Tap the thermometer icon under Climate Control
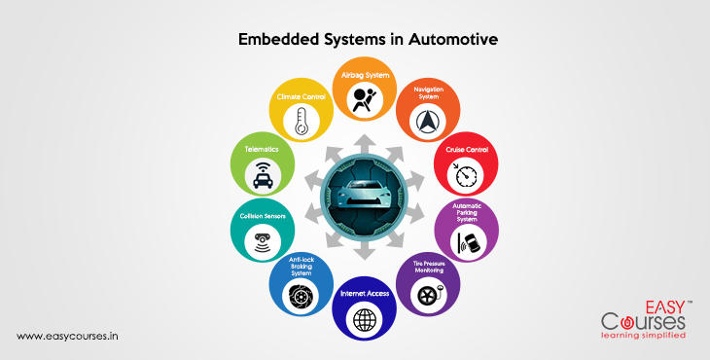click(302, 121)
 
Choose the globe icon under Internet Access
click(364, 319)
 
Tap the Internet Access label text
click(364, 293)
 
